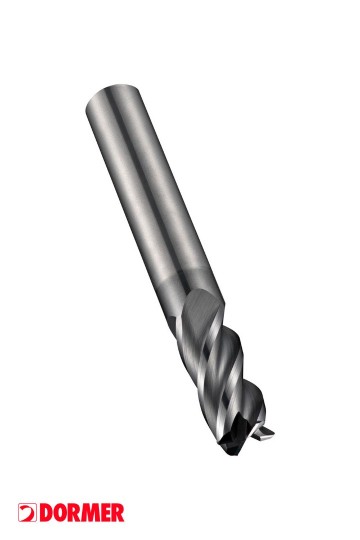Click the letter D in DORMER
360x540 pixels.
pyautogui.click(x=46, y=512)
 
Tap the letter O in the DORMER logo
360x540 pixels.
pyautogui.click(x=60, y=512)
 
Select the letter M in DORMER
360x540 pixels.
pyautogui.click(x=89, y=512)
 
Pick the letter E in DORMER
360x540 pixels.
pyautogui.click(x=105, y=512)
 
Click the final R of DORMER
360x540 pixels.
pyautogui.click(x=117, y=512)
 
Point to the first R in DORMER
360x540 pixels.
pyautogui.click(x=73, y=512)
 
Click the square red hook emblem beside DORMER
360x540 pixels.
pyautogui.click(x=28, y=512)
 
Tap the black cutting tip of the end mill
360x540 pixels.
pyautogui.click(x=234, y=436)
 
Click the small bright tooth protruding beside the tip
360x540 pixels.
pyautogui.click(x=264, y=433)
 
